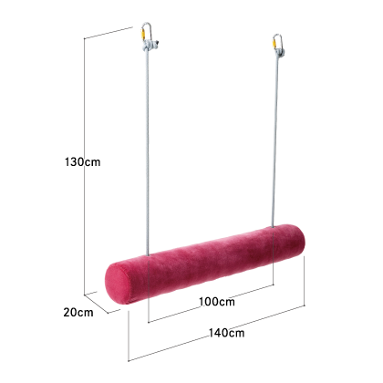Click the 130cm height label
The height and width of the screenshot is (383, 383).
(82, 161)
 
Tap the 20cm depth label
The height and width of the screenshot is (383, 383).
(78, 313)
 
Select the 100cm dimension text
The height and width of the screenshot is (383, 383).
(217, 302)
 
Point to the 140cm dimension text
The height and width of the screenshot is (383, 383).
(226, 333)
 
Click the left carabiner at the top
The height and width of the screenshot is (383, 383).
(147, 31)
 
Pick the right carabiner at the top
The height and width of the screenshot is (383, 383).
(278, 42)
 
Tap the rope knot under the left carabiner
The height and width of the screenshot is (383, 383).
(150, 45)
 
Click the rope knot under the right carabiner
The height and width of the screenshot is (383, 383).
(279, 53)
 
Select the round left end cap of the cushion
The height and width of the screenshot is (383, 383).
(116, 284)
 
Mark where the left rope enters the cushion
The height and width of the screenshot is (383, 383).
(148, 256)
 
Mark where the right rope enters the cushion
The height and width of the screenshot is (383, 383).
(273, 227)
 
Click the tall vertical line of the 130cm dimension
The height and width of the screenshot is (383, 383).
(84, 166)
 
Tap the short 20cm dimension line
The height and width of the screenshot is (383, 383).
(96, 304)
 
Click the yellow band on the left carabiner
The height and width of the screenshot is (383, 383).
(142, 34)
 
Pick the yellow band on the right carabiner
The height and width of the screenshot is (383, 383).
(274, 44)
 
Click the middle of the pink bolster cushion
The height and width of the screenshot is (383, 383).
(205, 264)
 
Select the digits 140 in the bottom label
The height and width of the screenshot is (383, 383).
(218, 333)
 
